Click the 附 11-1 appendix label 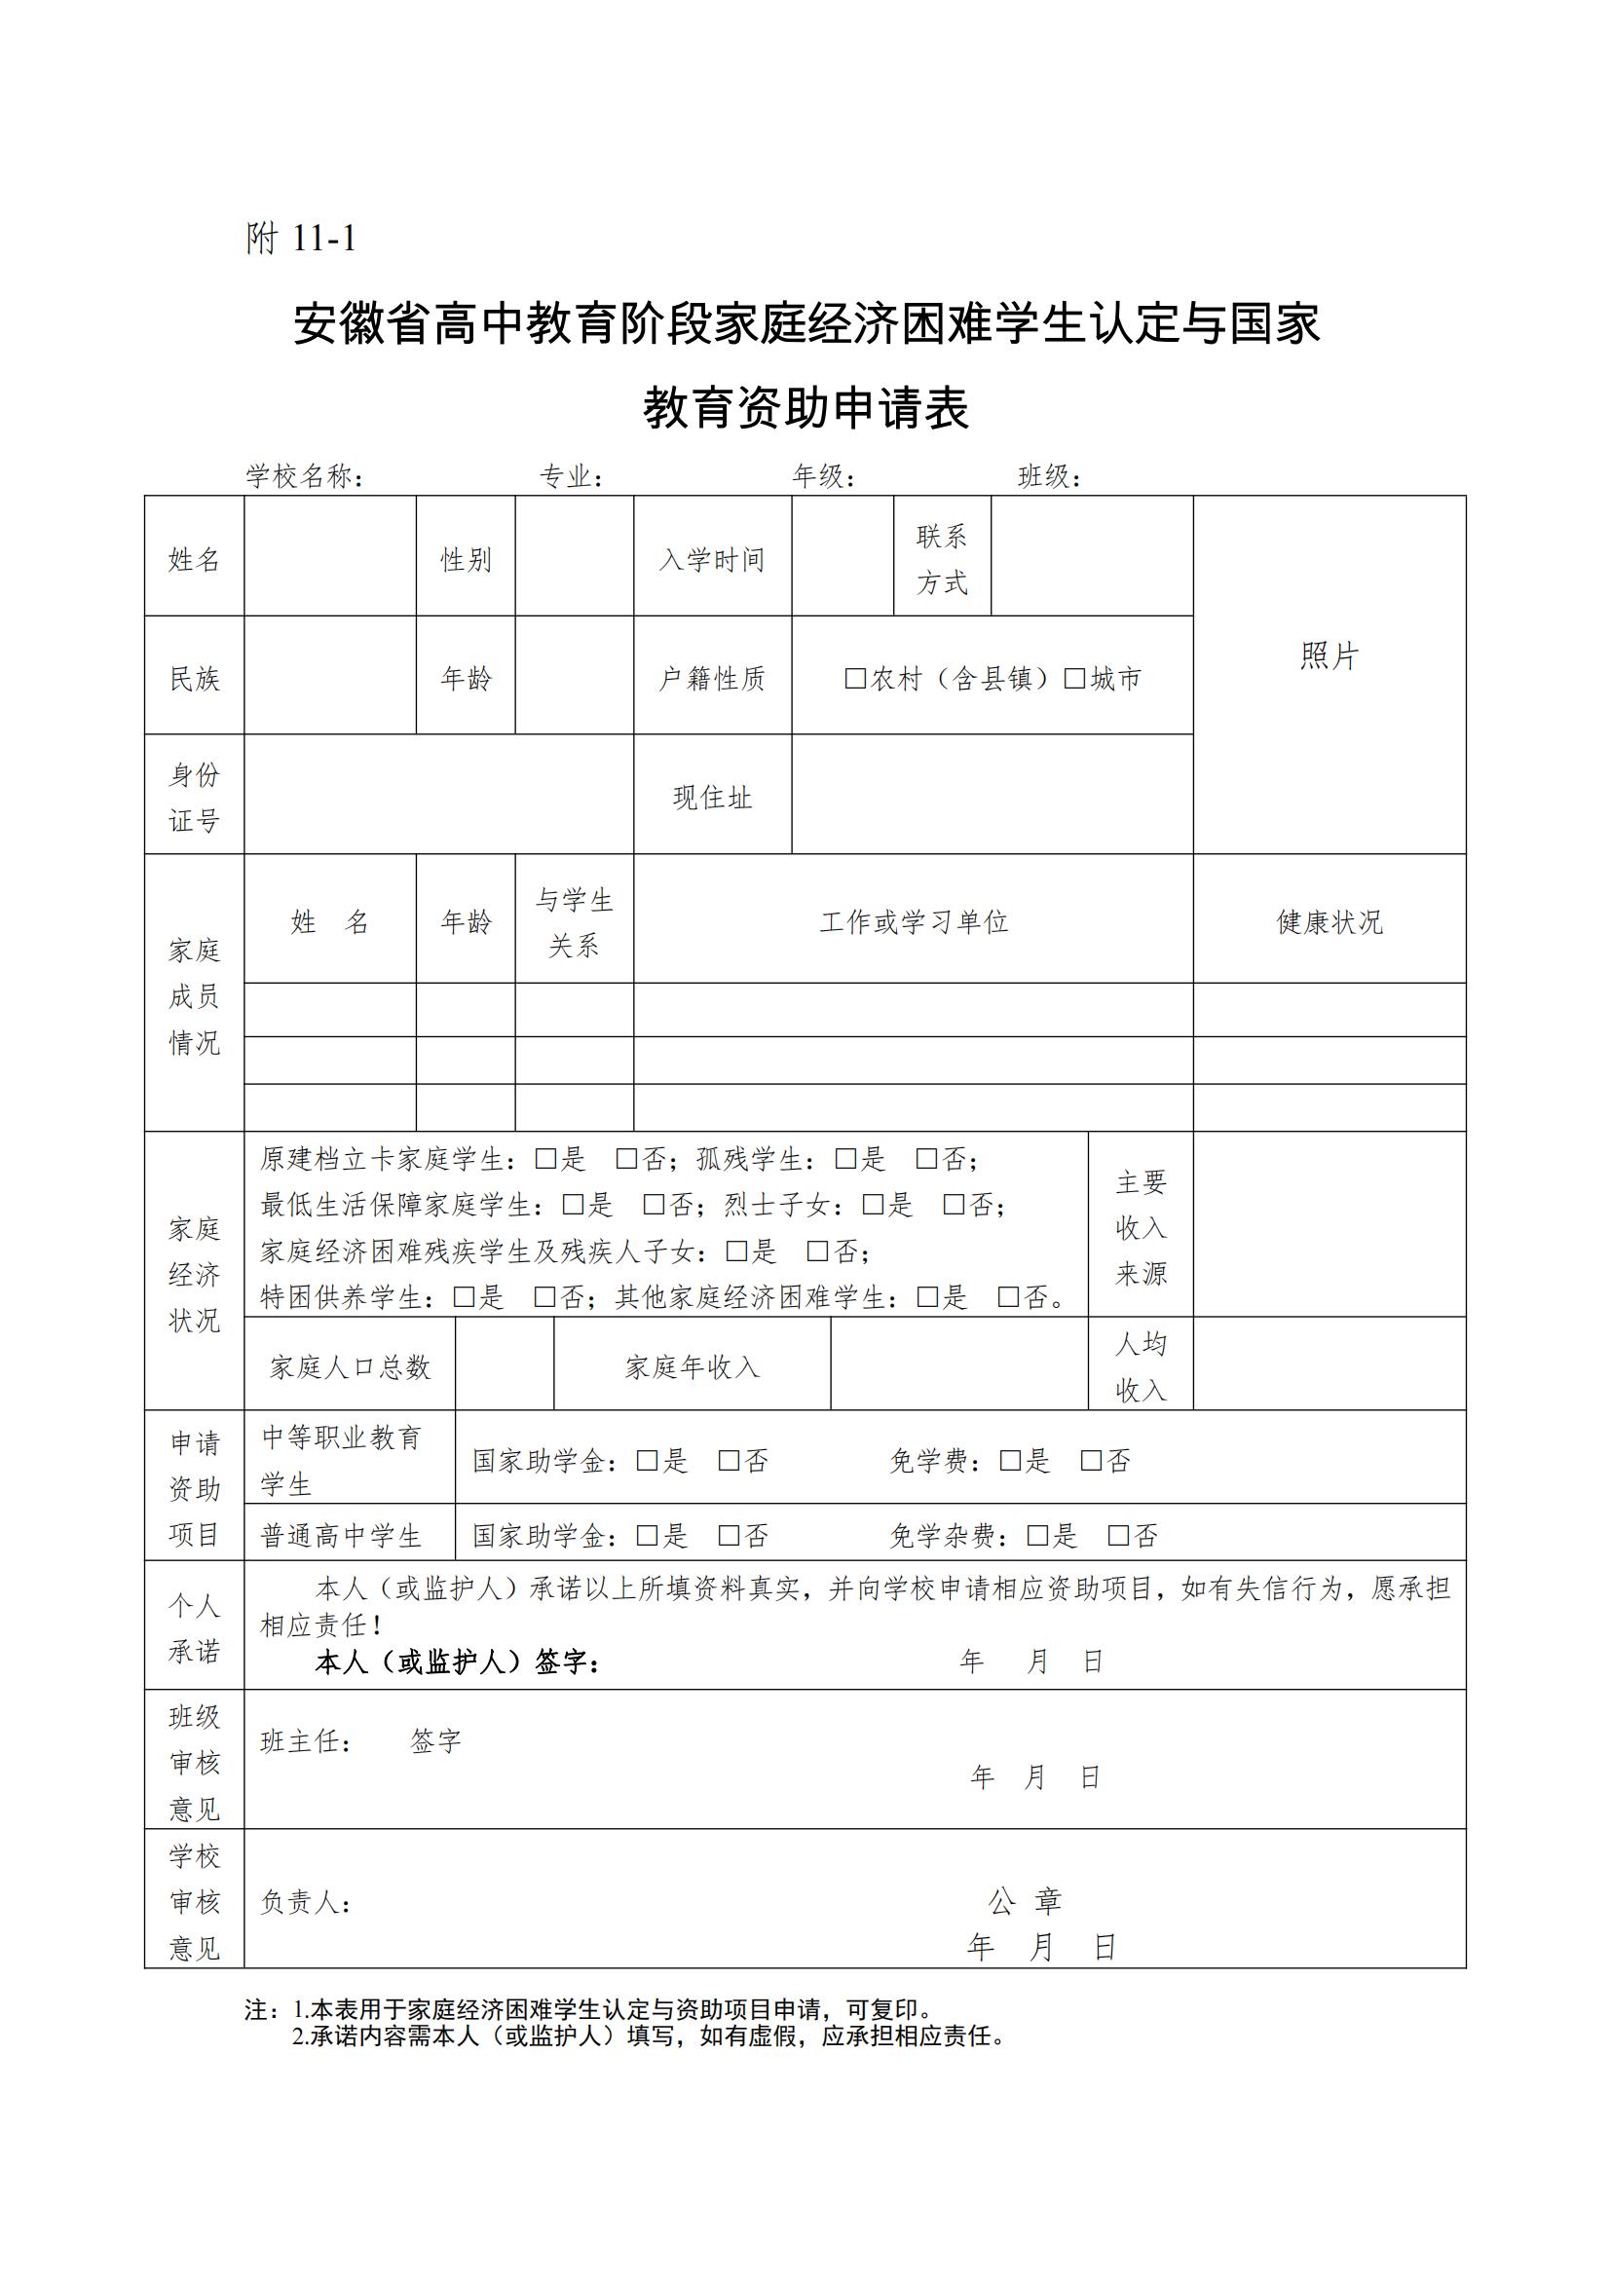(x=301, y=240)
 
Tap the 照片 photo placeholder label (x=1329, y=655)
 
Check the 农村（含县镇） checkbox (x=855, y=679)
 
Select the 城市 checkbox (x=1074, y=679)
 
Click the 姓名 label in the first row (x=194, y=560)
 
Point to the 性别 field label (x=466, y=560)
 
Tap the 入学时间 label (x=712, y=560)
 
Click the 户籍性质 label (x=712, y=679)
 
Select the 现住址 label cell (x=712, y=798)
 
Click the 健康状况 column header (x=1329, y=921)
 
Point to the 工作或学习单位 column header (x=913, y=921)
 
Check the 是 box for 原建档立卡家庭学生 (x=545, y=1159)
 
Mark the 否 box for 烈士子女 (x=955, y=1205)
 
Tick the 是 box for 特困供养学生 (x=465, y=1296)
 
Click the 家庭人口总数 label (x=350, y=1367)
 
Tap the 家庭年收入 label (x=692, y=1367)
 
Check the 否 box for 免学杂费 (x=1119, y=1536)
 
